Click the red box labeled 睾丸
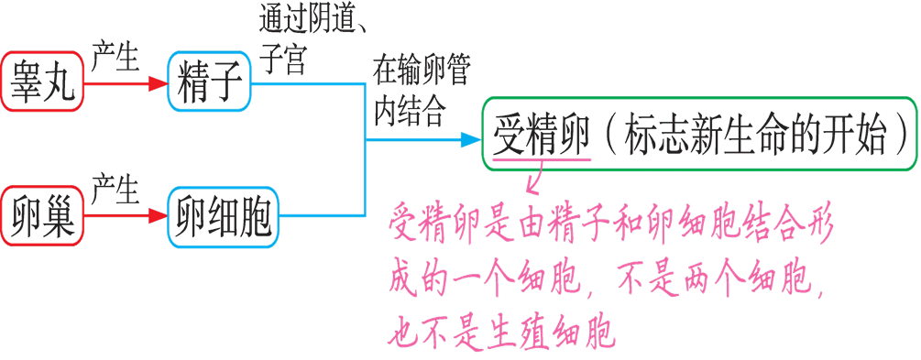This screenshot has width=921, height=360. (x=42, y=84)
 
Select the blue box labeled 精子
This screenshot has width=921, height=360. (x=208, y=83)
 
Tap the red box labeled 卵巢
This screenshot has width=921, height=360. (x=42, y=218)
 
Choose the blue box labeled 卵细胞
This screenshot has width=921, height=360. (x=223, y=218)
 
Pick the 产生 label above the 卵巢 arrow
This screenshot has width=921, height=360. (x=115, y=192)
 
